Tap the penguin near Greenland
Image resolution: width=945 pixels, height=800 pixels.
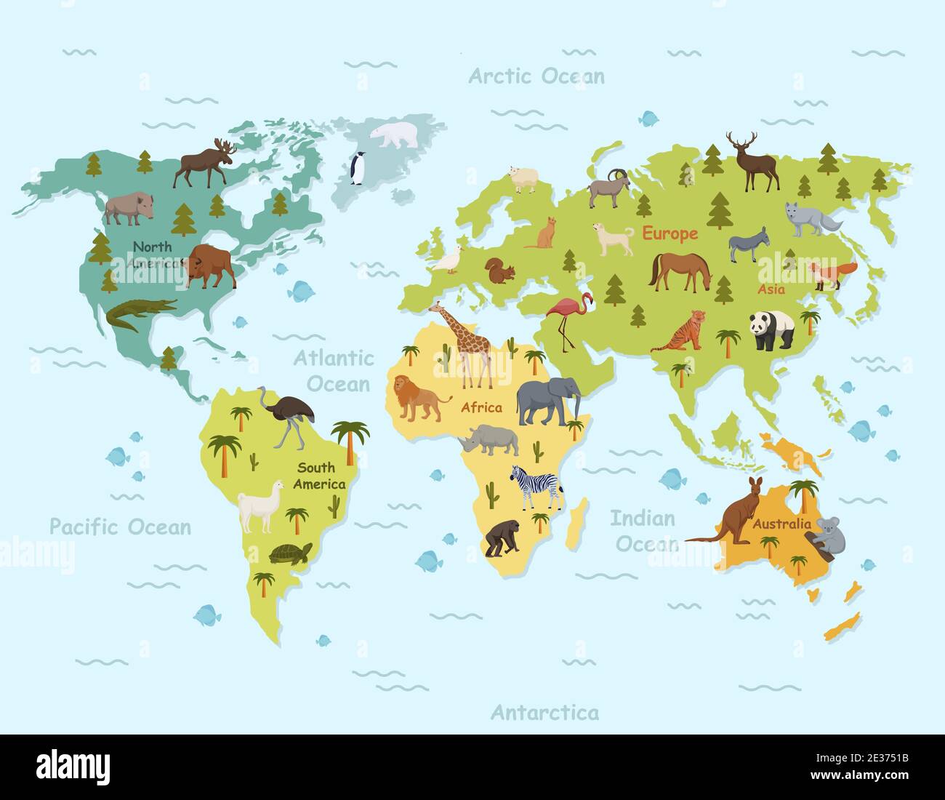click(357, 169)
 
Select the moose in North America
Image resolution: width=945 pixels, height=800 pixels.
click(204, 164)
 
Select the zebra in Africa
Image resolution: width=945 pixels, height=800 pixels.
click(537, 487)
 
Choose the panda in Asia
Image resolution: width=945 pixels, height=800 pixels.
click(772, 329)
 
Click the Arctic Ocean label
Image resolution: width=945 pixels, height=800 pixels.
click(536, 76)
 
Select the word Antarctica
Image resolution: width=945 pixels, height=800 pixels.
click(545, 712)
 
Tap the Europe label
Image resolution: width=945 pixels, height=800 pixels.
click(669, 233)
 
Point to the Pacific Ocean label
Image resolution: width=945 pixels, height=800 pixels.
click(121, 527)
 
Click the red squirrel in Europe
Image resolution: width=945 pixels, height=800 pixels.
click(500, 271)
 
